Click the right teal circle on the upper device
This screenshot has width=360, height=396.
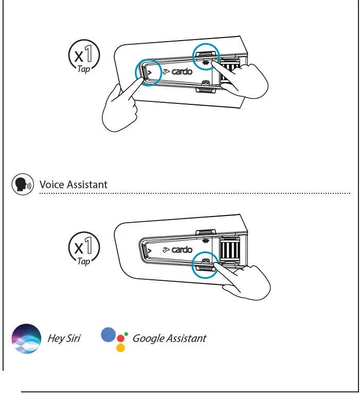click(x=206, y=57)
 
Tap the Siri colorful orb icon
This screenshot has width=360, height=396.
click(x=26, y=339)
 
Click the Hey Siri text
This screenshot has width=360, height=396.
click(x=64, y=338)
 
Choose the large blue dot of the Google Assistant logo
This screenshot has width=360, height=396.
click(x=109, y=335)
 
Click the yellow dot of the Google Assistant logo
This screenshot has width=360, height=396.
click(x=120, y=348)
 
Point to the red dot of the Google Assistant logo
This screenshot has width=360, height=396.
click(x=121, y=338)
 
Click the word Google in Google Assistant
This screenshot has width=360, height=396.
click(x=149, y=338)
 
